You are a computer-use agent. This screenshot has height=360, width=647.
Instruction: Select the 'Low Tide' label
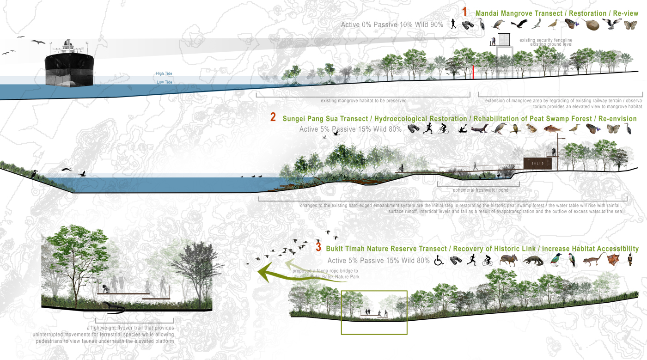[x=164, y=82]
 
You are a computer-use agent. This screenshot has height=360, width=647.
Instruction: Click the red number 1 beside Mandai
[x=465, y=12]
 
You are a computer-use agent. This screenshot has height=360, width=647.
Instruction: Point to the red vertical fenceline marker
[x=473, y=72]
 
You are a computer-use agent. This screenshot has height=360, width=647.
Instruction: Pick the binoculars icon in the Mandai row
[x=468, y=25]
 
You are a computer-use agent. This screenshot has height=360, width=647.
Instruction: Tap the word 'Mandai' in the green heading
[x=489, y=13]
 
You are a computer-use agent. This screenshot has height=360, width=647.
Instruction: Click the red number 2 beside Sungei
[x=273, y=118]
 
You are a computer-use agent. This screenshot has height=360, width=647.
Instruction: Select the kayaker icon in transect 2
[x=463, y=129]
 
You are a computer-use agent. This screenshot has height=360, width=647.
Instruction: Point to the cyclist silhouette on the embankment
[x=402, y=169]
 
